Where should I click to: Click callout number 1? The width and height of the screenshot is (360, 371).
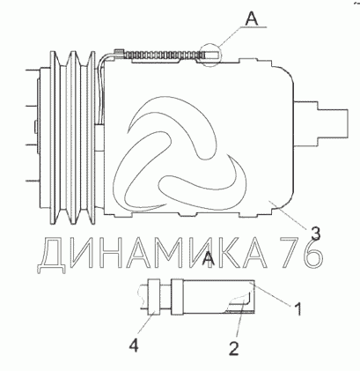[298, 309]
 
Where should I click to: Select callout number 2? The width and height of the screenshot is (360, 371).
[234, 349]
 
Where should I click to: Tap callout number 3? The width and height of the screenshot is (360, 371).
[315, 234]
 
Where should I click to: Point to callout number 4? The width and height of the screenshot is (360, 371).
[134, 345]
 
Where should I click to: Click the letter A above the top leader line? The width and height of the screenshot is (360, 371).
[252, 19]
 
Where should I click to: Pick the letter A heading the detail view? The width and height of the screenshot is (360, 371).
[209, 258]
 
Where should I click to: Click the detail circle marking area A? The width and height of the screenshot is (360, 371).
[210, 55]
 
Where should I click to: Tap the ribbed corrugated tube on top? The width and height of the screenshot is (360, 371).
[165, 55]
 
